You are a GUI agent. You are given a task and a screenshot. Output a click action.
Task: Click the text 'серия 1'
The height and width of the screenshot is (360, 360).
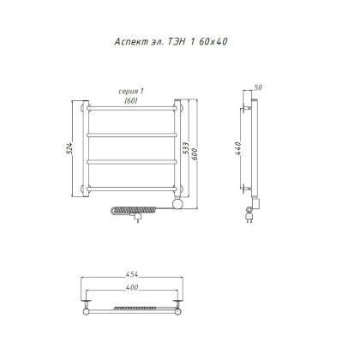[130, 92]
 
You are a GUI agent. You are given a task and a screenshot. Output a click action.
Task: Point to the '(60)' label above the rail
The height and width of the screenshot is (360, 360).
[130, 99]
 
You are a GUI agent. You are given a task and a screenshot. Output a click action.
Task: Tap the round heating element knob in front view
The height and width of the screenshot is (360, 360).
[177, 206]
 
